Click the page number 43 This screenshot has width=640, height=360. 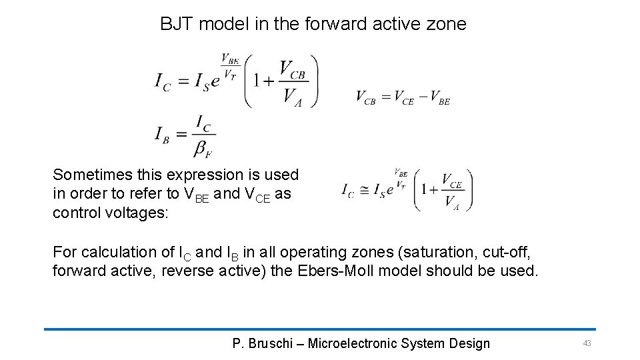point(587,343)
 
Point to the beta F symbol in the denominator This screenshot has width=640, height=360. point(203,150)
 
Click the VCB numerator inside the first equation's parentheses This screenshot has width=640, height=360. point(292,69)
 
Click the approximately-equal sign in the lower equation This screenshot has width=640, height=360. point(364,190)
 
